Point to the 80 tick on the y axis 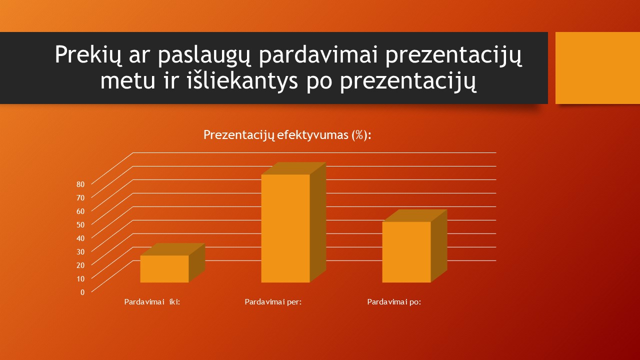coord(80,184)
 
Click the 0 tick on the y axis coord(82,292)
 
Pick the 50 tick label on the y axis coord(80,225)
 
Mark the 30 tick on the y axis coord(80,251)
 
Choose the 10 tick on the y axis coord(80,278)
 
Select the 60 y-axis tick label coord(80,211)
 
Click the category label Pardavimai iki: coord(152,302)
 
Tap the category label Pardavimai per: coord(273,302)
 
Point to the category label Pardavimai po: coord(394,302)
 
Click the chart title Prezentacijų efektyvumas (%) coord(287,135)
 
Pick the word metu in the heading coord(127,81)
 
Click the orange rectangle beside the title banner coord(597,68)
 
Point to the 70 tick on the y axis coord(80,197)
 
